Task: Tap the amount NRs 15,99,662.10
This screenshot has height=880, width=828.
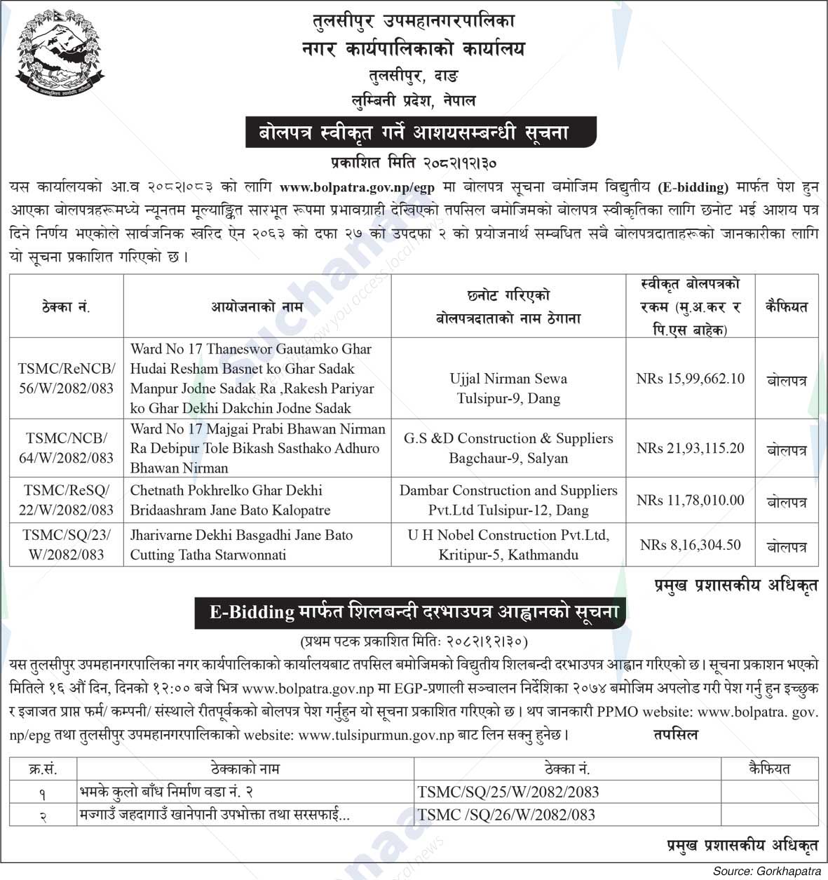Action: [x=690, y=379]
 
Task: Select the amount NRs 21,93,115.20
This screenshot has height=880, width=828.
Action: [x=690, y=448]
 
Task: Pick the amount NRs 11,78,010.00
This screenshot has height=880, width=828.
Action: [x=690, y=500]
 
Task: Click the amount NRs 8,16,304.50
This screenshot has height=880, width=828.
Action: [x=690, y=545]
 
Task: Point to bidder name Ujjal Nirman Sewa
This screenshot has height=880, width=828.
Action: [x=508, y=379]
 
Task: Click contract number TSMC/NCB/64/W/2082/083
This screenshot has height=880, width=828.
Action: [x=67, y=448]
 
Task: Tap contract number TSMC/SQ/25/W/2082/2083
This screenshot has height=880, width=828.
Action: [x=508, y=792]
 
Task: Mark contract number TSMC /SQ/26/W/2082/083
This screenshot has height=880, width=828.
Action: [x=506, y=815]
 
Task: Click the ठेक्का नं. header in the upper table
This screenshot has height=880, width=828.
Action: [x=67, y=306]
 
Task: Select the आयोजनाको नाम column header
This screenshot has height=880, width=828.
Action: [x=257, y=306]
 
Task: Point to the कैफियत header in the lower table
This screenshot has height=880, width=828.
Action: [x=769, y=769]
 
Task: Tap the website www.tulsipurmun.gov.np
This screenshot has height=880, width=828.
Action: [x=376, y=736]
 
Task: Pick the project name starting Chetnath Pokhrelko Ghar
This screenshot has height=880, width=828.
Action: [x=229, y=500]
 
